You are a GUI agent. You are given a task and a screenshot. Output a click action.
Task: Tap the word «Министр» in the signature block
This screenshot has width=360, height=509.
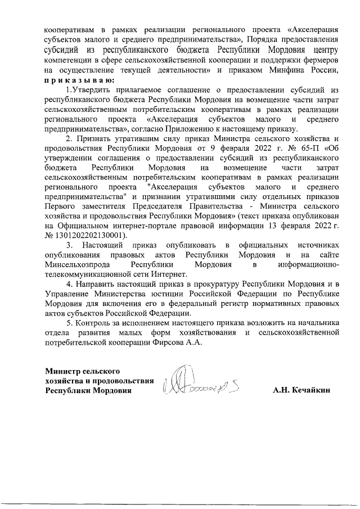[63, 371]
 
